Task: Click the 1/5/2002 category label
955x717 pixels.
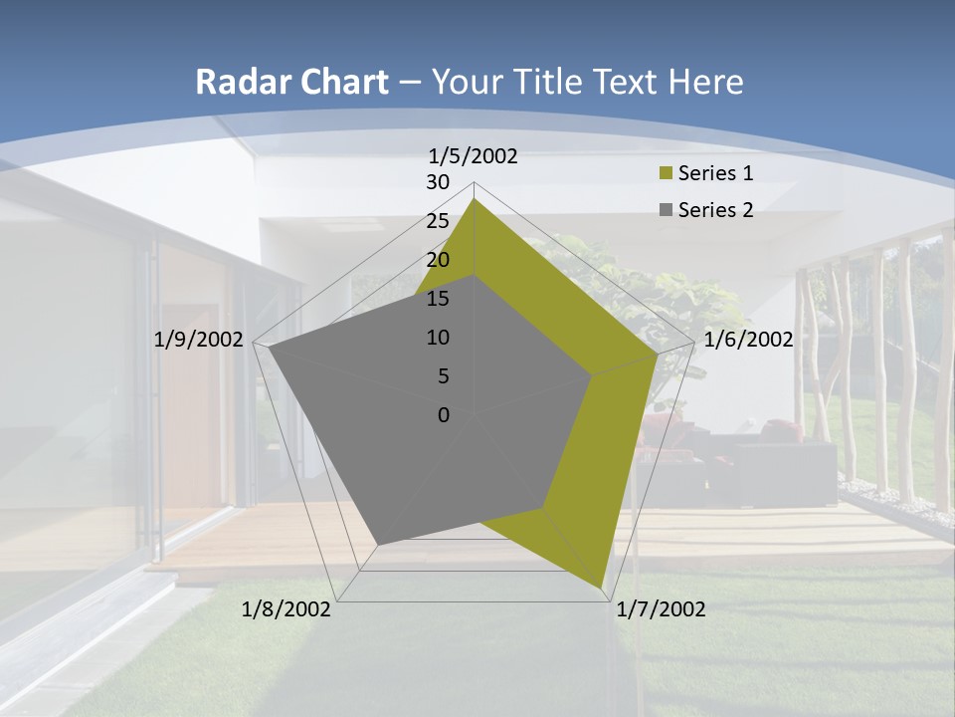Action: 473,156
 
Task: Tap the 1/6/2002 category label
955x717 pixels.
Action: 748,340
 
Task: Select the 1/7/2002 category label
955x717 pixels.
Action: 661,609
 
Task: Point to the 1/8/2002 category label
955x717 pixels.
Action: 286,609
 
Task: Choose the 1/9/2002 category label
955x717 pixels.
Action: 199,340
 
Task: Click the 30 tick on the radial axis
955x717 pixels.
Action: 438,182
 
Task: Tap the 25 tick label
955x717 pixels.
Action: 438,221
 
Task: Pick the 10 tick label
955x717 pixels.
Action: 438,338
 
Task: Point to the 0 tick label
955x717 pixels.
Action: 444,415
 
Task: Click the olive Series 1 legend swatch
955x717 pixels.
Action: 666,174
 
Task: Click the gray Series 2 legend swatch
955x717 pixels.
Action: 666,210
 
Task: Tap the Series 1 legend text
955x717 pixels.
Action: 715,173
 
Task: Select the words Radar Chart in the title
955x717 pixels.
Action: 291,82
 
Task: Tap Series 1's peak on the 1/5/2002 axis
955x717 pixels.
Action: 475,199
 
